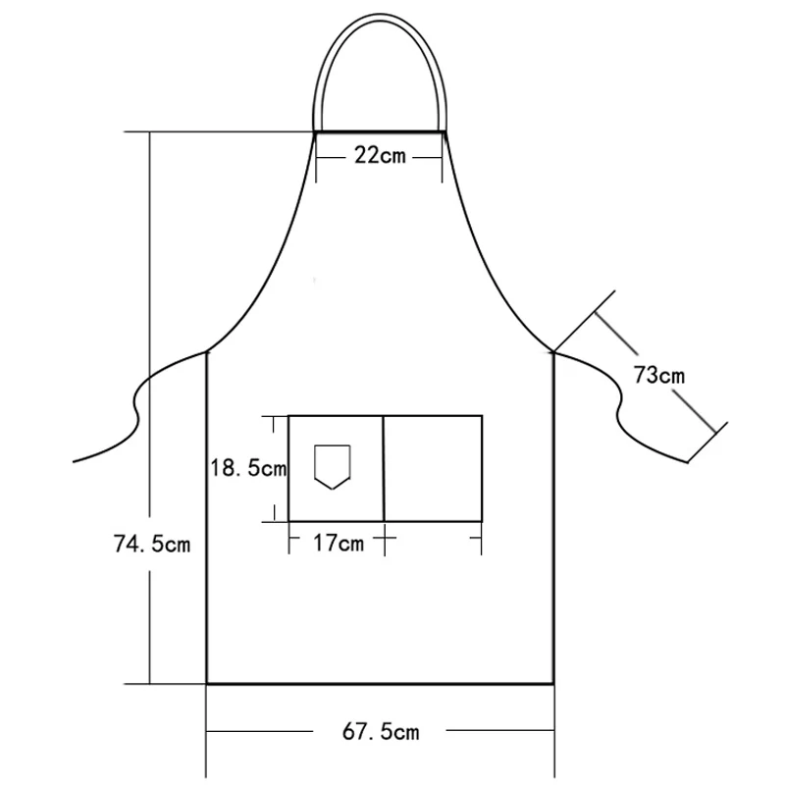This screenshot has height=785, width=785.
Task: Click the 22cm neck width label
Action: tap(380, 155)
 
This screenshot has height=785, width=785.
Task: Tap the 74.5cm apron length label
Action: tap(152, 544)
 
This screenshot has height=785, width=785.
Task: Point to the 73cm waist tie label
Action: tap(658, 375)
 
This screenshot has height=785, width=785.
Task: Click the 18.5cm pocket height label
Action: tap(248, 468)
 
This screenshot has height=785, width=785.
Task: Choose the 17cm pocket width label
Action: tap(339, 543)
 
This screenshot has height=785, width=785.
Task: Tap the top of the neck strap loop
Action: tap(380, 17)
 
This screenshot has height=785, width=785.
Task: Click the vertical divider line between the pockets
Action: tap(384, 469)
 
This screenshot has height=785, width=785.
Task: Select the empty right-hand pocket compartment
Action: tap(433, 469)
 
